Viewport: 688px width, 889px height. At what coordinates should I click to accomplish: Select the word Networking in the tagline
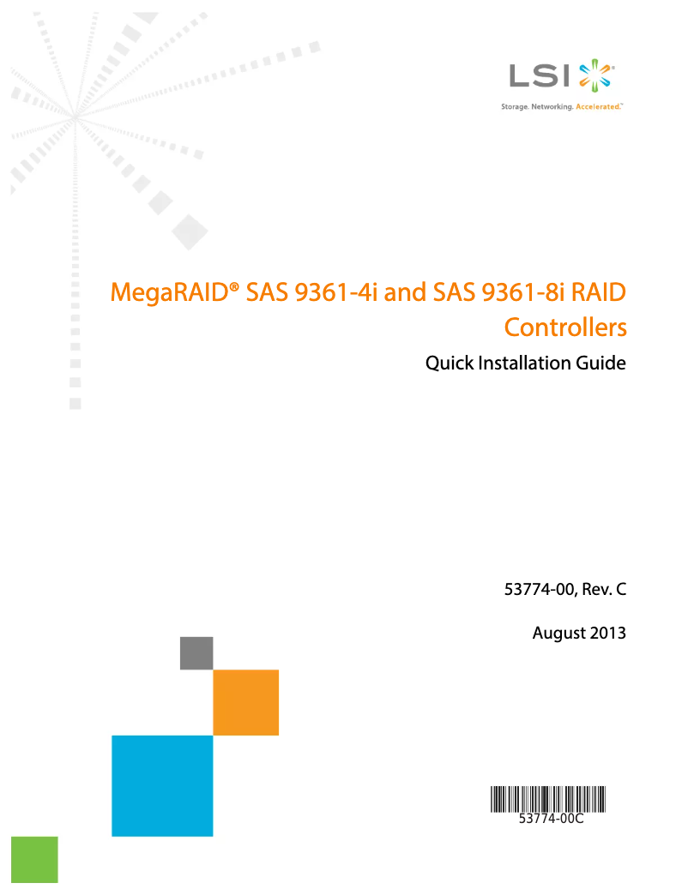coord(552,108)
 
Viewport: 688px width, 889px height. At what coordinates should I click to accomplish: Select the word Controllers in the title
coord(564,327)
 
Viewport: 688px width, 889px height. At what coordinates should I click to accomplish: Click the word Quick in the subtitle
coord(448,363)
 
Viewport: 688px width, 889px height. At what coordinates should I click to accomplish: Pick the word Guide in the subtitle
coord(603,363)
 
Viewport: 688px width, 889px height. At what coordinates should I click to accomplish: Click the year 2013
coord(608,634)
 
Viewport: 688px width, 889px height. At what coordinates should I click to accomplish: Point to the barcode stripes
coord(548,799)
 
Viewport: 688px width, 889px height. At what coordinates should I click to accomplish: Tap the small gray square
coord(196,652)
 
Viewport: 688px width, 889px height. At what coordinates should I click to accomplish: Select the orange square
coord(246,702)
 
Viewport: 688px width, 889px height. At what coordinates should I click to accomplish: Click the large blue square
coord(162,785)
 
